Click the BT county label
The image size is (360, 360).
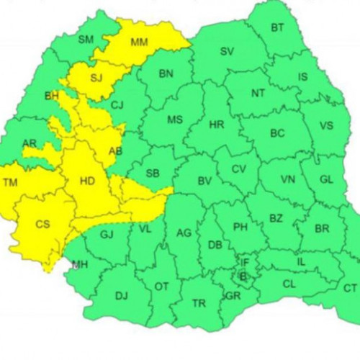point(277,28)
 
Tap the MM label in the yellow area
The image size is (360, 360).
point(140,42)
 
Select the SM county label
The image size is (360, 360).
point(86,39)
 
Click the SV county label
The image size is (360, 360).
point(227,51)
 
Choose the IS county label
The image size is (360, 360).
point(302,76)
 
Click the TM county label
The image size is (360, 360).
point(11,183)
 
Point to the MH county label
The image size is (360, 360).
point(79,264)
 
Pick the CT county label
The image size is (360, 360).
point(350,288)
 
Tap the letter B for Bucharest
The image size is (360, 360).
point(243,275)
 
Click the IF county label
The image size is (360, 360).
point(245,263)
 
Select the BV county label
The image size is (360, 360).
point(204,180)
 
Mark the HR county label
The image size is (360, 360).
point(216,125)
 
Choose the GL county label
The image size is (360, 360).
point(325,179)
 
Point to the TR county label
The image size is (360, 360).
point(199,303)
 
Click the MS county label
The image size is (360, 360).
point(175,120)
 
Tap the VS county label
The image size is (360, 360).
point(325,125)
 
